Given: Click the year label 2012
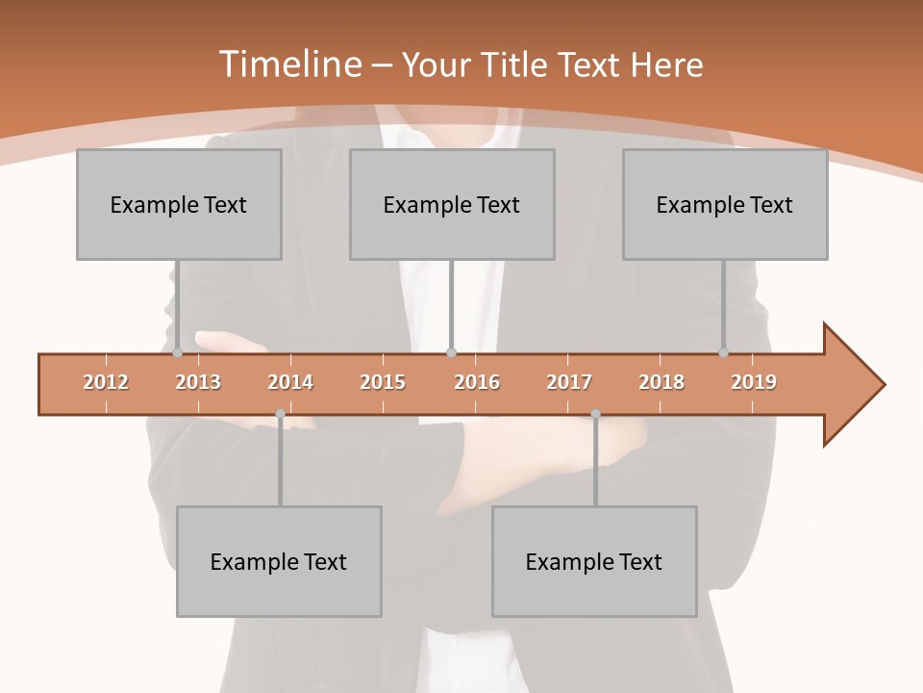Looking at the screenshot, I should tap(106, 382).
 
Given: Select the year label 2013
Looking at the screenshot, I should tap(198, 382).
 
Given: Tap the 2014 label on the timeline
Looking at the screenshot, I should tap(290, 382).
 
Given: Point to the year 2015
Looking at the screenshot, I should tap(383, 382).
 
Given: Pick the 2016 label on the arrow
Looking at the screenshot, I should tap(477, 382).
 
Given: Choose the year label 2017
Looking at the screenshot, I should tap(569, 382).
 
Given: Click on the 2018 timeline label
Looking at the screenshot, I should tap(661, 382).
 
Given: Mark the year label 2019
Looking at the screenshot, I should tap(754, 382).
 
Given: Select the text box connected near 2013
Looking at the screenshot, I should tap(179, 204).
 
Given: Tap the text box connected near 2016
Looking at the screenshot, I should tap(452, 204).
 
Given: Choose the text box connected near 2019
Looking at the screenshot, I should tap(725, 204).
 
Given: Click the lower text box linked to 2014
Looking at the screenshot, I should tap(279, 561).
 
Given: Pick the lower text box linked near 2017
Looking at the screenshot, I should tap(594, 561).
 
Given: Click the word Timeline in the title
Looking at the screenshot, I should tap(288, 64).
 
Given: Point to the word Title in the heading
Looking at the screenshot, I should tap(517, 64).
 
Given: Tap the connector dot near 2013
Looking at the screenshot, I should tap(177, 353).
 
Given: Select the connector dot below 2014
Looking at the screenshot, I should tap(280, 414).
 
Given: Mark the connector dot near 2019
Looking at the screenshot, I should tap(723, 353).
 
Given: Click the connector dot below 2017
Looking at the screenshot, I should tap(595, 414).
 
